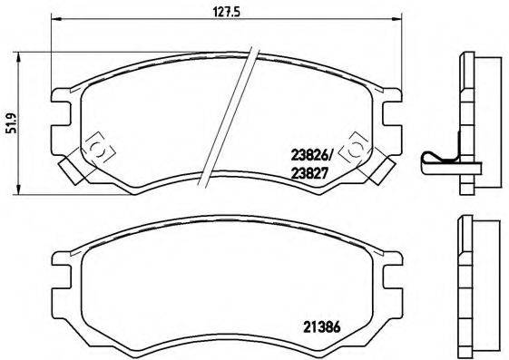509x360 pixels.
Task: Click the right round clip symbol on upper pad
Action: pyautogui.click(x=357, y=146)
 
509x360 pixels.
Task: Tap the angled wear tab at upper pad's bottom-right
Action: pyautogui.click(x=382, y=169)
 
